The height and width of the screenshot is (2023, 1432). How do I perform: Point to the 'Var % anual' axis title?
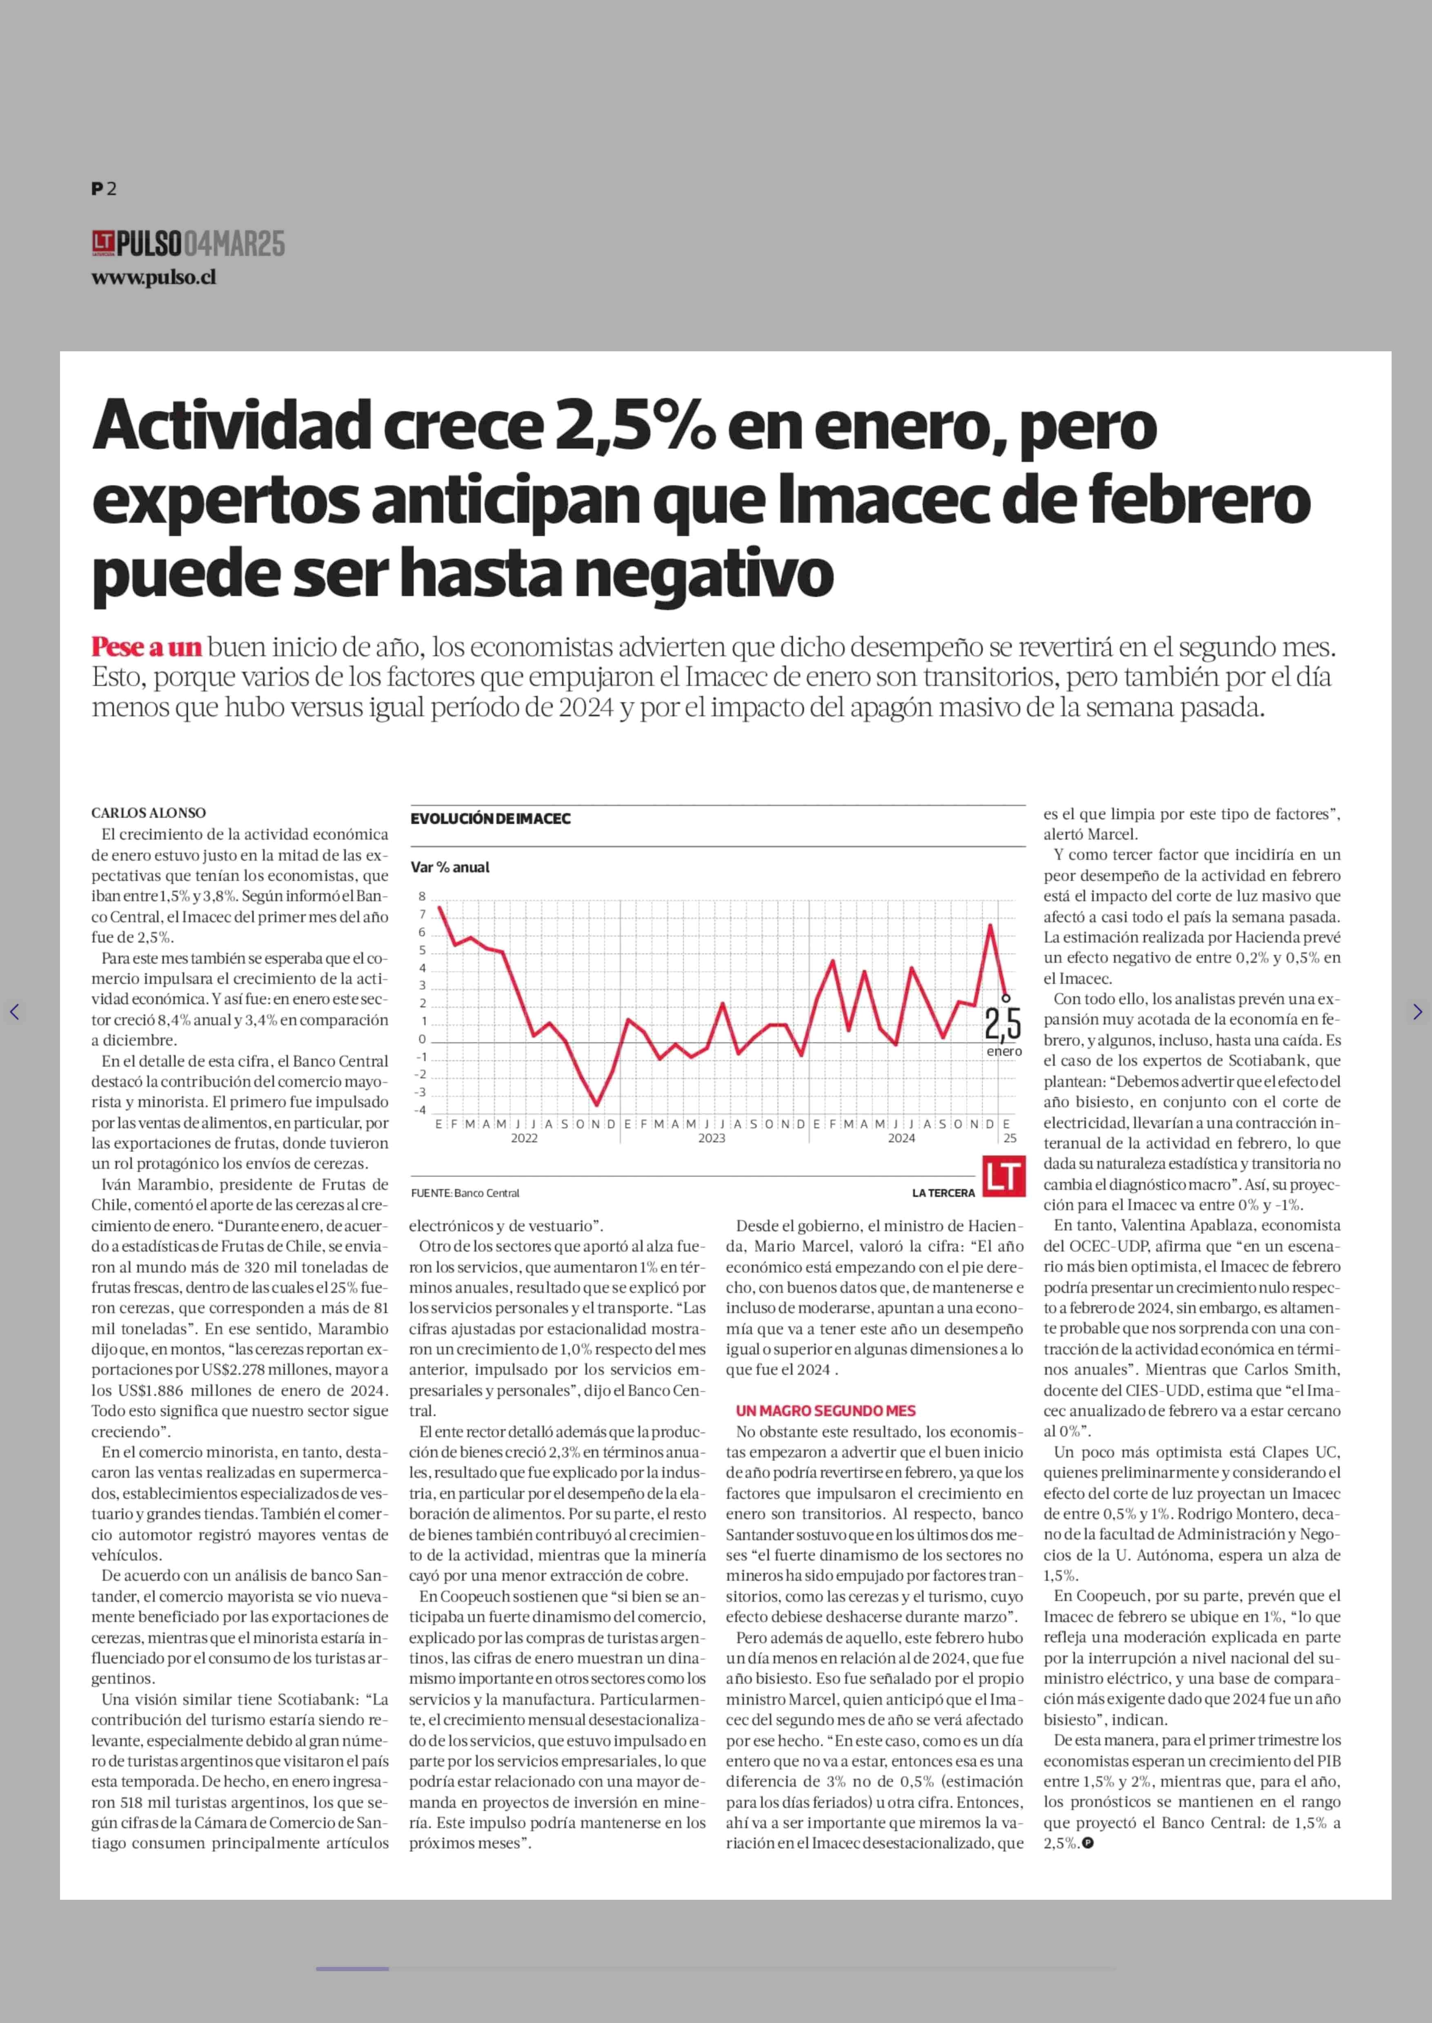pyautogui.click(x=450, y=867)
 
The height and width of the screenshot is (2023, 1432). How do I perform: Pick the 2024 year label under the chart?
pyautogui.click(x=901, y=1138)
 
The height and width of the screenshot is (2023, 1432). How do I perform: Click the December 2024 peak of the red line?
pyautogui.click(x=990, y=925)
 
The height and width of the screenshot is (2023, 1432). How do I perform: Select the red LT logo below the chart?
pyautogui.click(x=1004, y=1177)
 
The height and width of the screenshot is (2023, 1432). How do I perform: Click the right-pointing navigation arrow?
pyautogui.click(x=1417, y=1012)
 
